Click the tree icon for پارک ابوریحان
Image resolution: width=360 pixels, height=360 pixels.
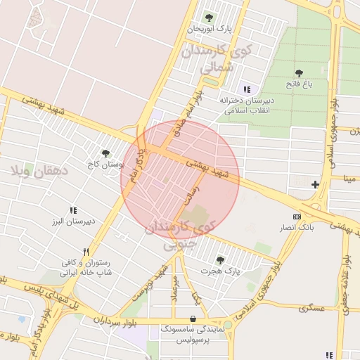pos(207,18)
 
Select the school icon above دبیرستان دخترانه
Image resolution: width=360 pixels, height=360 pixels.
pos(246,89)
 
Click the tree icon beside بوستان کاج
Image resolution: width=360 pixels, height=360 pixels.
pos(105,153)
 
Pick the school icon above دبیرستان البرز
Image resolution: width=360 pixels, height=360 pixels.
pos(73,210)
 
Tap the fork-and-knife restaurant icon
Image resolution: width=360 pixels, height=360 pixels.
pos(86,252)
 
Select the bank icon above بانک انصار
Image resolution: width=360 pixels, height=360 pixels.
pos(297,217)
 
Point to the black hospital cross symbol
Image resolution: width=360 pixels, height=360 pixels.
pos(315,185)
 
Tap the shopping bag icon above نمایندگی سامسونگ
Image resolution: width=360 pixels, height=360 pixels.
pos(193,318)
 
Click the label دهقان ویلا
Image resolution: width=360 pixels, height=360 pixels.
pos(39,170)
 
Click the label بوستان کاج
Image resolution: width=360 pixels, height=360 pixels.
pos(103,165)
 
